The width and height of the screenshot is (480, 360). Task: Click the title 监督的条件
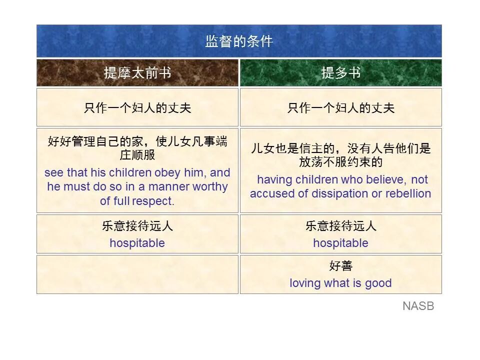tap(239, 41)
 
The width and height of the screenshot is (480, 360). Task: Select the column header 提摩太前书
tap(137, 73)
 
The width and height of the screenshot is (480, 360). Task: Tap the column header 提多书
tap(340, 73)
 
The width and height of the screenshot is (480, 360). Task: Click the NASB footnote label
tap(418, 306)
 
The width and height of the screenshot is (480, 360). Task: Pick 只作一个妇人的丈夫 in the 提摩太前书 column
tap(137, 108)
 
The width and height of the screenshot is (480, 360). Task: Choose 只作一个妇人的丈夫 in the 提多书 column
tap(340, 108)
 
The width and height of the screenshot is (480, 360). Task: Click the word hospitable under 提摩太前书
tap(137, 243)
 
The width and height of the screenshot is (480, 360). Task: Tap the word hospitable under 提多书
tap(340, 243)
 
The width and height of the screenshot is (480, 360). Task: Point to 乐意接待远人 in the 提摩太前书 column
tap(137, 226)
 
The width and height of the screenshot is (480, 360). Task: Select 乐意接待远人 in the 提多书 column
tap(340, 226)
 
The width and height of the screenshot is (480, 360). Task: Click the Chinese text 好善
tap(340, 266)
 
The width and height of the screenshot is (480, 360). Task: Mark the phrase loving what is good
tap(340, 283)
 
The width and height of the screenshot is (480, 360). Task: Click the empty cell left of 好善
tap(137, 274)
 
